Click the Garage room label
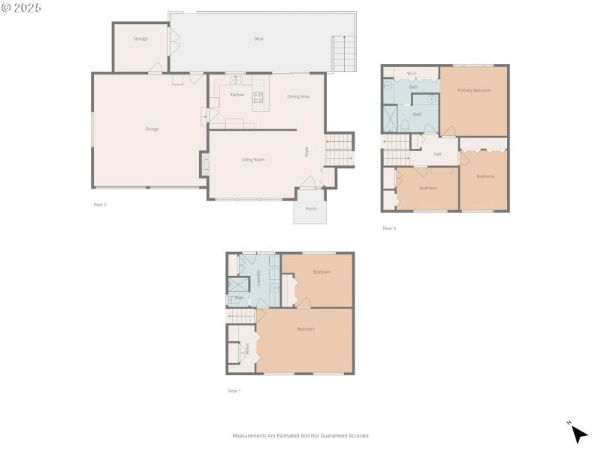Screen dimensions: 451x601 (152, 129)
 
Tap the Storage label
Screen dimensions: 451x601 (140, 38)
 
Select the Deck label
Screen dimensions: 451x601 (258, 38)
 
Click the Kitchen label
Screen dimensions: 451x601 (237, 95)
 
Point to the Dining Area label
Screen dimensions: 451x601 (298, 96)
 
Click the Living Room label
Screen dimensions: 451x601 (252, 159)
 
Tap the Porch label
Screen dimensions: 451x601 (310, 210)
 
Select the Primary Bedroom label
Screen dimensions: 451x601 (474, 90)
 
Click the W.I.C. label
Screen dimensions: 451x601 (412, 74)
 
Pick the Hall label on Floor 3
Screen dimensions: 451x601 (436, 154)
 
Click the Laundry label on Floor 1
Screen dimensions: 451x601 (258, 278)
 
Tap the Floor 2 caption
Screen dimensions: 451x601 (100, 204)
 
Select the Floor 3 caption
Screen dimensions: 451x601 (388, 228)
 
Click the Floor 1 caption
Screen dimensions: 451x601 (234, 391)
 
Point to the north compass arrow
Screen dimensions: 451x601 (578, 433)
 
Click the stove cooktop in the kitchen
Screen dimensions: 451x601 (258, 97)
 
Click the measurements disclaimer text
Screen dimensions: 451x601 (300, 436)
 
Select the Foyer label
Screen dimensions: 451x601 (307, 150)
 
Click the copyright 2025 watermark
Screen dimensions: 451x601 (22, 8)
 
